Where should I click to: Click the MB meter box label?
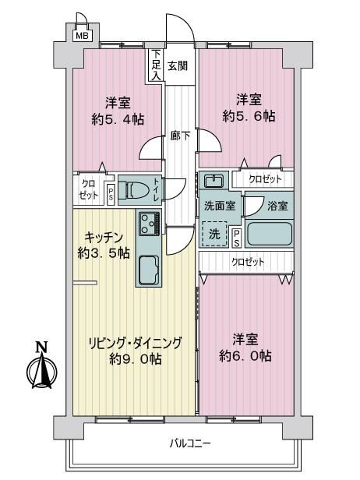coord(82,36)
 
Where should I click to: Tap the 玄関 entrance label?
coord(178,65)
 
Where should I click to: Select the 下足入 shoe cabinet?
coord(157,65)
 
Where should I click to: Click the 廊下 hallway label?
coord(180,136)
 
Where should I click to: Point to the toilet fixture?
coord(134,190)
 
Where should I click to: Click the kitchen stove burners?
coord(149,224)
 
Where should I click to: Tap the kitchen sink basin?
coord(149,270)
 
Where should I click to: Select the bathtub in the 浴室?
coord(270,235)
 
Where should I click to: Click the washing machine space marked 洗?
coord(214,235)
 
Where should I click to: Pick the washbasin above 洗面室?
coord(214,182)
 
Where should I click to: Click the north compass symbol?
coord(41,365)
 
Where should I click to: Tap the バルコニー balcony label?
coord(190,443)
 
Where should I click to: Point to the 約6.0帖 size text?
coord(245,356)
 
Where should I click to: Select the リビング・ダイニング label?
coord(136,343)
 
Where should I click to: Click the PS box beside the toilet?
coord(111,194)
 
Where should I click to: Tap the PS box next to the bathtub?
coord(237,238)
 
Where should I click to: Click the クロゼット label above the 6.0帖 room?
coord(248,262)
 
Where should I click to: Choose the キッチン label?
coord(104,237)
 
